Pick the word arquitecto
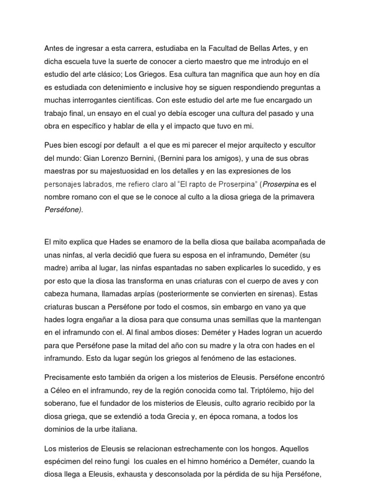point(271,146)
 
